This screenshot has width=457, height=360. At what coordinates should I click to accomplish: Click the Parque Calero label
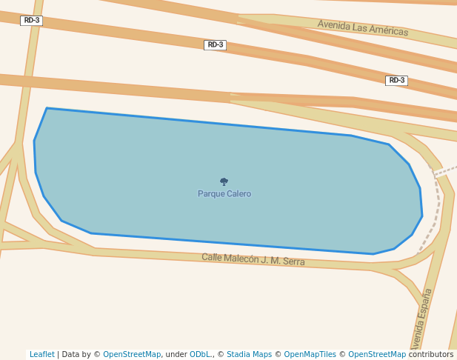(x=224, y=194)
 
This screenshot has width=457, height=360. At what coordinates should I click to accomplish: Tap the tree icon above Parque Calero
(x=224, y=181)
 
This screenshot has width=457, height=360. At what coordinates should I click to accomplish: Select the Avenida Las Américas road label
(x=363, y=28)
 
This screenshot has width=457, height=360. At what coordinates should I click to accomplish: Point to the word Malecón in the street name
(x=242, y=259)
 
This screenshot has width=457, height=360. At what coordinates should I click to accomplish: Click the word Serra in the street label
(x=293, y=261)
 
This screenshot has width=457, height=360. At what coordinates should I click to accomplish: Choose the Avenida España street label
(x=421, y=319)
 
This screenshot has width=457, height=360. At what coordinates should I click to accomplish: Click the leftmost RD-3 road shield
(x=31, y=21)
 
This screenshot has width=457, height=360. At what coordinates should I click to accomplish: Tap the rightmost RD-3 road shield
(x=396, y=80)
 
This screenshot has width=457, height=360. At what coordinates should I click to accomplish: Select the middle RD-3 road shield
(x=215, y=45)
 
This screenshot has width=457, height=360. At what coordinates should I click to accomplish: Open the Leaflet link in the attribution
(x=42, y=355)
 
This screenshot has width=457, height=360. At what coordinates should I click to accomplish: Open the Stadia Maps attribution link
(x=249, y=355)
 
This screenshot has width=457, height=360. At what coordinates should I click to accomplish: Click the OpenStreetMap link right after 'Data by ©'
(x=132, y=355)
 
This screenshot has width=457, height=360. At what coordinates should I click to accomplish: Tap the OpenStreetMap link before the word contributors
(x=377, y=355)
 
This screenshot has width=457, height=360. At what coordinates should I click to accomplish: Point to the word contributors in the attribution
(x=431, y=355)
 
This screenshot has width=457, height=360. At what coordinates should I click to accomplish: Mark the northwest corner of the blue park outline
(x=47, y=109)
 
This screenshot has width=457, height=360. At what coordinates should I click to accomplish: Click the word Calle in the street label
(x=213, y=257)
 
